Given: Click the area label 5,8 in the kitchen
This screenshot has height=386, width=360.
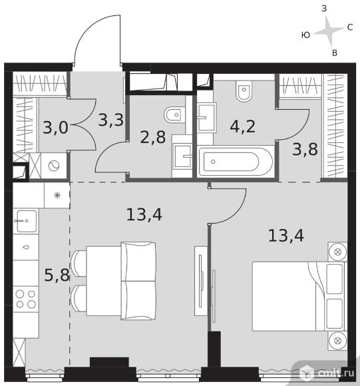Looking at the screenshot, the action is click(57, 275).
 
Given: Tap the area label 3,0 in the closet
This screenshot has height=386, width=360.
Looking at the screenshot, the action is click(55, 128).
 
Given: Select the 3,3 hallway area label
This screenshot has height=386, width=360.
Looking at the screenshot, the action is click(110, 120).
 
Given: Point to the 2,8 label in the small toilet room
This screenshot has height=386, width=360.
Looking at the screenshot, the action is click(153, 137).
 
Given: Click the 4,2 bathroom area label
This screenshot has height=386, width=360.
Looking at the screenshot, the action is click(243, 126).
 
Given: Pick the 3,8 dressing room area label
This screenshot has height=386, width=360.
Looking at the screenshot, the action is click(305, 149).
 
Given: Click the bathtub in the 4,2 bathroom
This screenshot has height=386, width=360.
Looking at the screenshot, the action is click(236, 162).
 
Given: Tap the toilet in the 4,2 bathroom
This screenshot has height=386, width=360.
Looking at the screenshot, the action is click(244, 90).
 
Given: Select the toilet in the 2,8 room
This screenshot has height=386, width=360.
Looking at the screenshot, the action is click(174, 114).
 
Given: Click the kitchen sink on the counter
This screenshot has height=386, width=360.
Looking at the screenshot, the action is click(25, 221).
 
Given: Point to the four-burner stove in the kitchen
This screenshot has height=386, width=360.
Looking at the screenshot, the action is click(25, 299).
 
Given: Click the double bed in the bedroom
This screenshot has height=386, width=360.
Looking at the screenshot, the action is click(299, 296).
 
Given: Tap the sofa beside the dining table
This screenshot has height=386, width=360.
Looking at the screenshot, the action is click(138, 281).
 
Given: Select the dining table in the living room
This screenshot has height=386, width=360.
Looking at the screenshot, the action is click(104, 281).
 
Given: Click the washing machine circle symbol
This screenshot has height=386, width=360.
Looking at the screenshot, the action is click(54, 166).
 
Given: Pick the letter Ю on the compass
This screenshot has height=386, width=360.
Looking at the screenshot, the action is click(305, 35).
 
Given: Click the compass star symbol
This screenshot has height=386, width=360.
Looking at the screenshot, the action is click(328, 31).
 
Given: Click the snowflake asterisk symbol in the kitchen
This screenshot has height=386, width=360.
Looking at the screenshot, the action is click(57, 196).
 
